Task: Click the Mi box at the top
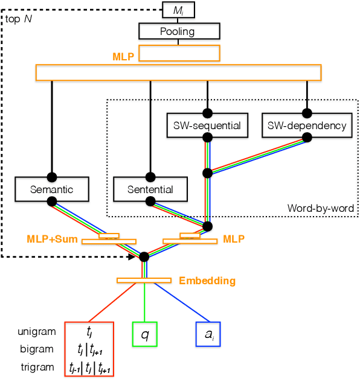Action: (x=179, y=10)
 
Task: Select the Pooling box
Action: (x=179, y=31)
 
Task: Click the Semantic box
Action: (x=51, y=189)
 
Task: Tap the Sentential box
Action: (x=151, y=189)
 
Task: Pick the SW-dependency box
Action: (x=307, y=126)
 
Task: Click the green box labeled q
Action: (x=145, y=334)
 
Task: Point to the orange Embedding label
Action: (x=207, y=281)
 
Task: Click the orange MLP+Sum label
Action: (x=52, y=239)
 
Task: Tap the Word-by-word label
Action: (x=321, y=209)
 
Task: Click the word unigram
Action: (x=37, y=331)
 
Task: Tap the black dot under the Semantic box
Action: (x=52, y=201)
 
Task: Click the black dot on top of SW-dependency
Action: (x=307, y=112)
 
